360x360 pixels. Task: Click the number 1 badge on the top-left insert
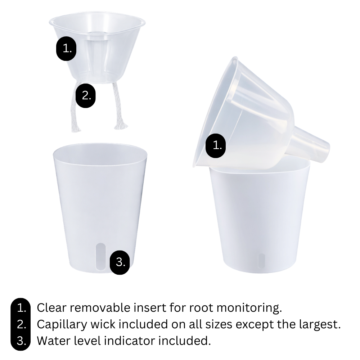pyautogui.click(x=66, y=49)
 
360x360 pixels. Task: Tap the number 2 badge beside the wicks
pyautogui.click(x=85, y=95)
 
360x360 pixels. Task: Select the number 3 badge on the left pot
pyautogui.click(x=120, y=262)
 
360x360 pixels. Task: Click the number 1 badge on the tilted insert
pyautogui.click(x=216, y=145)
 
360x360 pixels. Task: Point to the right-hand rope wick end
pyautogui.click(x=120, y=124)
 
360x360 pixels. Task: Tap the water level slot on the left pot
pyautogui.click(x=101, y=256)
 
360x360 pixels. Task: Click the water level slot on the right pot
pyautogui.click(x=261, y=261)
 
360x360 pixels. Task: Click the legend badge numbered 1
pyautogui.click(x=22, y=308)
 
